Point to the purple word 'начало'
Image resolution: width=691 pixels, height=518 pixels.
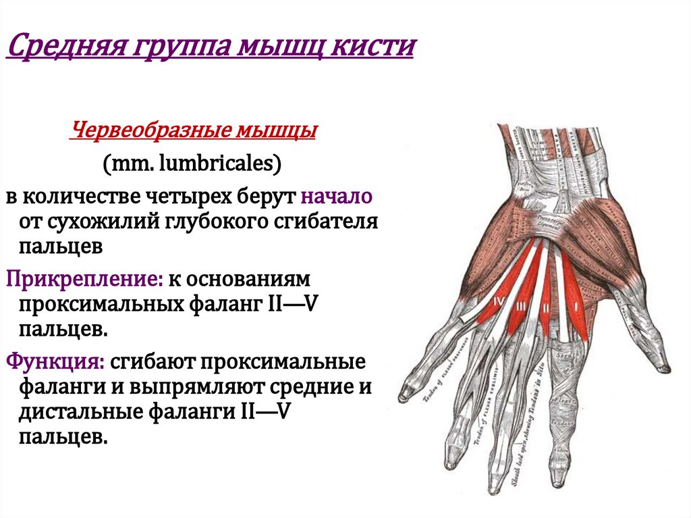[x=337, y=197]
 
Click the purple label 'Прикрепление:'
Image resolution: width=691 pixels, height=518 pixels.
[x=65, y=278]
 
